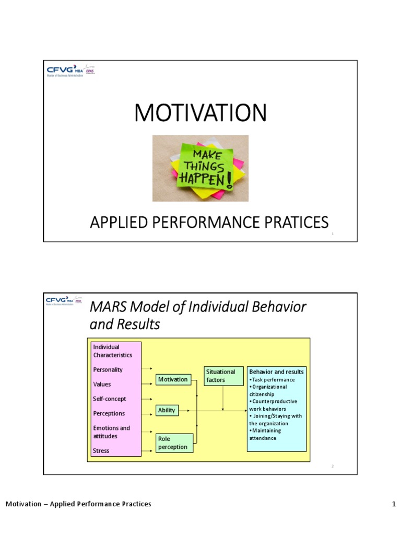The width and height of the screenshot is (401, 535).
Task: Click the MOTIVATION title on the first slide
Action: tap(200, 113)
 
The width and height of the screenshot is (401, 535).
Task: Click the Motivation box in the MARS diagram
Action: tap(173, 379)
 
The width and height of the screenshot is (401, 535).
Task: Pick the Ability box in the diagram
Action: tap(167, 411)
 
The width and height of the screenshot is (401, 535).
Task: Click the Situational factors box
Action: tap(223, 376)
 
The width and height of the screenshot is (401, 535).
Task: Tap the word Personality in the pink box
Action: tap(108, 370)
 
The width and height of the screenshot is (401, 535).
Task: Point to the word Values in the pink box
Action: tap(102, 385)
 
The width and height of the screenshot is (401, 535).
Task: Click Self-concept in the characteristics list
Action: tap(109, 399)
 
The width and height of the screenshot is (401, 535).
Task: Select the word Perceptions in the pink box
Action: tap(109, 414)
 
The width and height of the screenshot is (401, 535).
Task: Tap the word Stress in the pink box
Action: tap(101, 450)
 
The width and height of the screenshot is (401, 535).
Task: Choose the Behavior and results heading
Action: tap(276, 372)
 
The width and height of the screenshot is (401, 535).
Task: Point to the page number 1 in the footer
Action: tap(394, 504)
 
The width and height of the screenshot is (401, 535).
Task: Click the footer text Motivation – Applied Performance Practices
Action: tap(78, 504)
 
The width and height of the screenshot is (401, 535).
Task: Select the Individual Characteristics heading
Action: tap(112, 351)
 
